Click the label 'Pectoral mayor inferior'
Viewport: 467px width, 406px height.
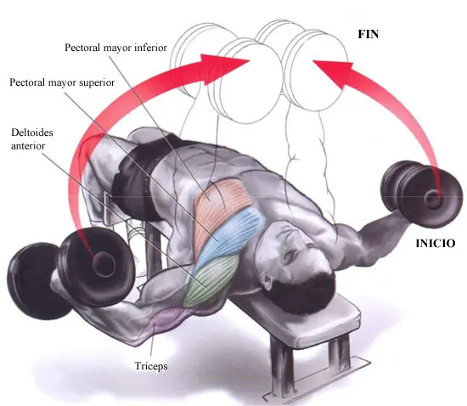coord(115,48)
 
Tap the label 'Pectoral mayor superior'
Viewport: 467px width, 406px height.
coord(62,82)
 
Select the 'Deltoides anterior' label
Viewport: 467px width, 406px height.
coord(32,139)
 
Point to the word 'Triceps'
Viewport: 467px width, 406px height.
coord(151,366)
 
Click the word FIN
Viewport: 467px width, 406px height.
coord(369,35)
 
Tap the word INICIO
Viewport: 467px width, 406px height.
coord(435,244)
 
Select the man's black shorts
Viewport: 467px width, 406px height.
coord(140,176)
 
